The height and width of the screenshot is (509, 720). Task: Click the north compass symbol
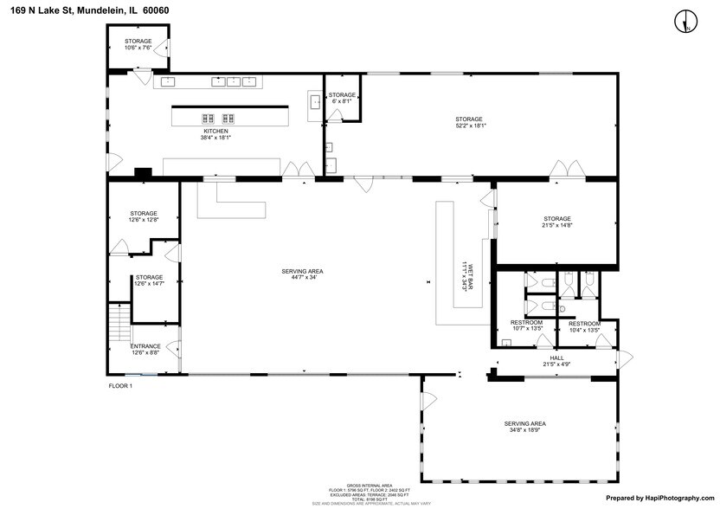coord(685,21)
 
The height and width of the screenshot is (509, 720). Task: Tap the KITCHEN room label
coord(215,131)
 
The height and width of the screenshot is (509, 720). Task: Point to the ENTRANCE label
coord(145,346)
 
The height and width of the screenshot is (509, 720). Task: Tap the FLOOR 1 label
coord(120,385)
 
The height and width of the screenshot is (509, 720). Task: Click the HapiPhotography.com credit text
coord(660,498)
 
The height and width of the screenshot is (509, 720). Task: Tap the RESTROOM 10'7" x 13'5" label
coord(526,325)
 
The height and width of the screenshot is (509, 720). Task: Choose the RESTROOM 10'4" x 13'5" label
coord(584,325)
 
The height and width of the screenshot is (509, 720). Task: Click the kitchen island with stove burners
coord(230,117)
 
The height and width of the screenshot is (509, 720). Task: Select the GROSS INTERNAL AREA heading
coord(370,485)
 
